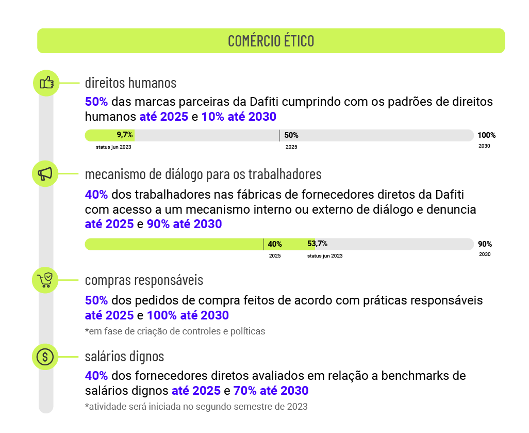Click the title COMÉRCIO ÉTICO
click(x=271, y=41)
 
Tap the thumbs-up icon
click(x=46, y=83)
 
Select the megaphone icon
click(x=45, y=174)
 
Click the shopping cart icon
click(x=45, y=280)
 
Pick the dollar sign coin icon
click(x=45, y=357)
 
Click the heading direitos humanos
click(x=130, y=83)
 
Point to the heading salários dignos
click(x=124, y=357)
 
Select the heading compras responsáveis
click(x=144, y=280)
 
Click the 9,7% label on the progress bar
click(x=124, y=135)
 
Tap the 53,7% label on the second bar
click(x=317, y=244)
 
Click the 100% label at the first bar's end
click(x=487, y=135)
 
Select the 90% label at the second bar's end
click(x=485, y=244)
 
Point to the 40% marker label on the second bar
click(x=275, y=244)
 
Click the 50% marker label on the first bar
click(x=291, y=135)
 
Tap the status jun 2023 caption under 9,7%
click(x=113, y=147)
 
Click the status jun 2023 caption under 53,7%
click(x=324, y=256)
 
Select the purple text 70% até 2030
click(x=271, y=391)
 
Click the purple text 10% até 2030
click(x=239, y=117)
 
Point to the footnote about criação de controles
click(x=175, y=331)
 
